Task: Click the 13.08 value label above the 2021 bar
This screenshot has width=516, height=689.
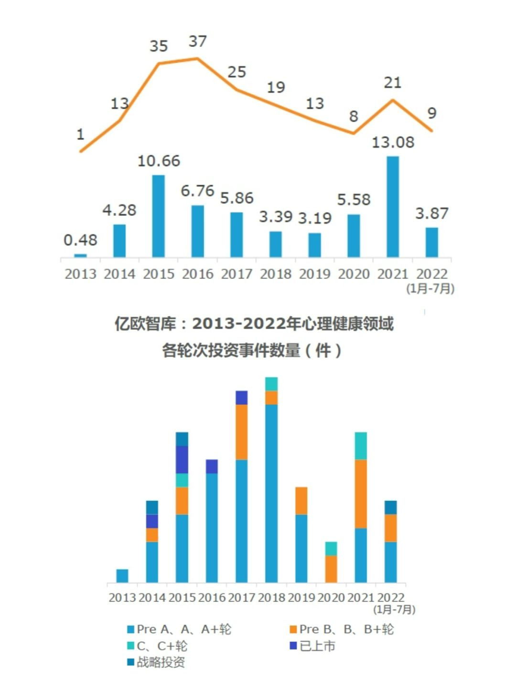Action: pyautogui.click(x=393, y=143)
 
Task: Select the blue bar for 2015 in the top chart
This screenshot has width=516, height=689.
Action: pyautogui.click(x=159, y=216)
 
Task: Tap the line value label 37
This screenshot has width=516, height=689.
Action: pyautogui.click(x=198, y=42)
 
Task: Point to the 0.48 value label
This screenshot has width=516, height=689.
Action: pyautogui.click(x=80, y=240)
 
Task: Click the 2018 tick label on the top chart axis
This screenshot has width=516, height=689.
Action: pyautogui.click(x=276, y=274)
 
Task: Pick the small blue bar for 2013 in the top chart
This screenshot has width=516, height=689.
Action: pyautogui.click(x=81, y=256)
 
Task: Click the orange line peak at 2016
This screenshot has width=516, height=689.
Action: pyautogui.click(x=197, y=59)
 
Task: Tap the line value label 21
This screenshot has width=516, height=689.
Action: pyautogui.click(x=393, y=83)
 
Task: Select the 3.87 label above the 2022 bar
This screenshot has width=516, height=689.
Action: pyautogui.click(x=432, y=213)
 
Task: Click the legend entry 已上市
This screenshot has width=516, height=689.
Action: pyautogui.click(x=313, y=646)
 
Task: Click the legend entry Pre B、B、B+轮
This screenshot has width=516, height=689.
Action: pyautogui.click(x=342, y=629)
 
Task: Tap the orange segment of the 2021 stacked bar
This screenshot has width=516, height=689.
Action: pyautogui.click(x=361, y=494)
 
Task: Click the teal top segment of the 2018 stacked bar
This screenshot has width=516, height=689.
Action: pyautogui.click(x=271, y=384)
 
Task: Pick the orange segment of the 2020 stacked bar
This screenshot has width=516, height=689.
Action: pyautogui.click(x=331, y=569)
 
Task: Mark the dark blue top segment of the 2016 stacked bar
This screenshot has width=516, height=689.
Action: pyautogui.click(x=212, y=467)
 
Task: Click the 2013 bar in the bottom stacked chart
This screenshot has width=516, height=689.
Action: pyautogui.click(x=122, y=576)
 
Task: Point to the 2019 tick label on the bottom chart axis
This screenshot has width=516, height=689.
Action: pyautogui.click(x=301, y=598)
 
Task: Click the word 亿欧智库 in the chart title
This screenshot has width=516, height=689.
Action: pyautogui.click(x=138, y=324)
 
